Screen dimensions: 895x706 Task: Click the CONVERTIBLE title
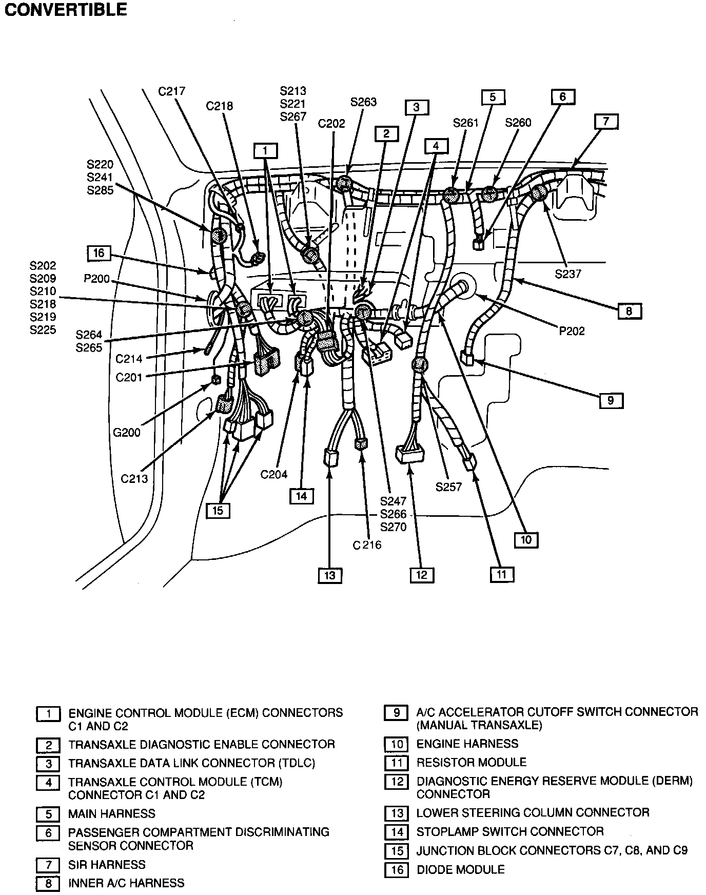pyautogui.click(x=66, y=10)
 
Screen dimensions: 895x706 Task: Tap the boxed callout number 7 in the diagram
pyautogui.click(x=606, y=122)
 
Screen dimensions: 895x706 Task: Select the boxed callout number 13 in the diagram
pyautogui.click(x=329, y=575)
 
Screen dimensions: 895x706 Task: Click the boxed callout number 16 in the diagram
pyautogui.click(x=99, y=253)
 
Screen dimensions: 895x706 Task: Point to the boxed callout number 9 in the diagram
pyautogui.click(x=611, y=400)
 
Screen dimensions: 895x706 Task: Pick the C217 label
pyautogui.click(x=171, y=91)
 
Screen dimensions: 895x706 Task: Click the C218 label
pyautogui.click(x=219, y=106)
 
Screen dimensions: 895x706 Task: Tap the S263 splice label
pyautogui.click(x=363, y=102)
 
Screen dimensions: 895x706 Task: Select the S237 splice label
pyautogui.click(x=568, y=274)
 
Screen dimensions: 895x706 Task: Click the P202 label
pyautogui.click(x=572, y=331)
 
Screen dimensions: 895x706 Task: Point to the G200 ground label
pyautogui.click(x=126, y=433)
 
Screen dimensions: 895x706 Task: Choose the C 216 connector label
pyautogui.click(x=367, y=545)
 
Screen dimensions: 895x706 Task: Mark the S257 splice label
pyautogui.click(x=448, y=487)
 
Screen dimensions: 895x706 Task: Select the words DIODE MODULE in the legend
pyautogui.click(x=461, y=869)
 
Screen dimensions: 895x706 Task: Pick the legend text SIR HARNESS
pyautogui.click(x=107, y=865)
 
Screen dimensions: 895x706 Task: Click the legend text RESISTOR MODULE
pyautogui.click(x=471, y=762)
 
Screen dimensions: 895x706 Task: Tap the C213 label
pyautogui.click(x=134, y=479)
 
